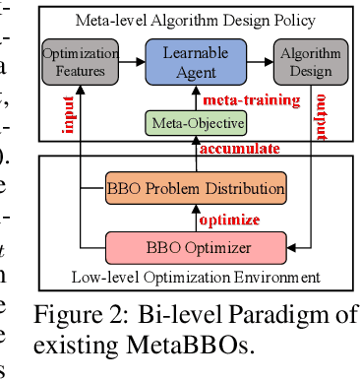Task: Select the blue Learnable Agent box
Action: (x=184, y=60)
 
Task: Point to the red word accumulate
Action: (x=242, y=148)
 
